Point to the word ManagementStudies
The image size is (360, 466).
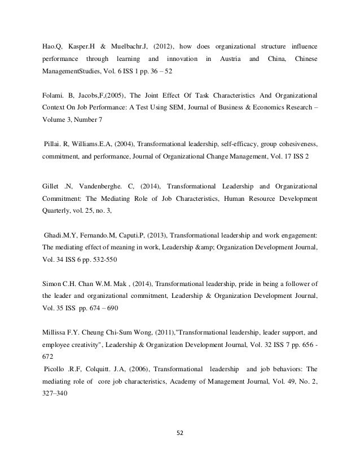[72, 73]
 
